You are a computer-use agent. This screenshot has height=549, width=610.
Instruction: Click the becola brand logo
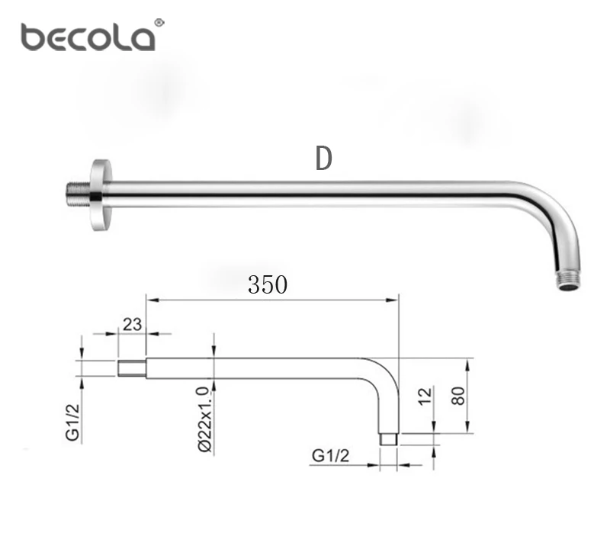point(88,37)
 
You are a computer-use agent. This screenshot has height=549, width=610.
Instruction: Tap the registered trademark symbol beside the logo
point(159,23)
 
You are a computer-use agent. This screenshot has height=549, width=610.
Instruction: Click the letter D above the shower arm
point(323,159)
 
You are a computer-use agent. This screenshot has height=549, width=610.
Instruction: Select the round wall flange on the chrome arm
point(101,195)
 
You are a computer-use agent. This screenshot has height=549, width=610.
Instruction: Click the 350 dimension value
point(268,284)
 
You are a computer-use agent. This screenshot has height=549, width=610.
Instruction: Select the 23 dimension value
point(132,324)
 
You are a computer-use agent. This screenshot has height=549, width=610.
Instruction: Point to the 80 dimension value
point(458,396)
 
